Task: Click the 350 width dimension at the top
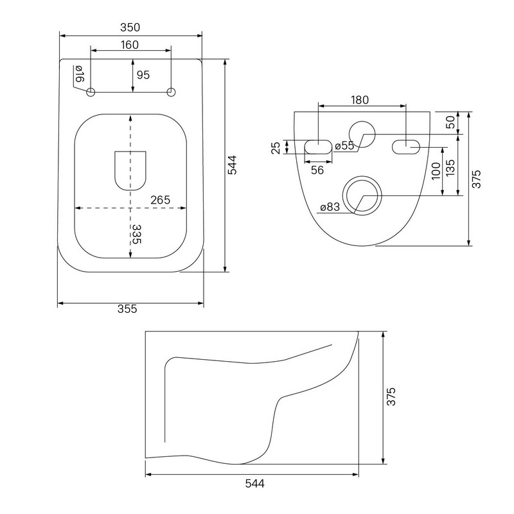tap(130, 27)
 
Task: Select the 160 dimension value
tap(130, 46)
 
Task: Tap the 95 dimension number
tap(143, 75)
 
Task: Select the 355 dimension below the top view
tap(128, 309)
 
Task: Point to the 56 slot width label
tap(317, 169)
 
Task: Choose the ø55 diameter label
tap(344, 146)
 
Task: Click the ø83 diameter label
tap(330, 208)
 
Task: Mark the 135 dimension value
tap(450, 170)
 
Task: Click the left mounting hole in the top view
tap(90, 93)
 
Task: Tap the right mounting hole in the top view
tap(171, 93)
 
